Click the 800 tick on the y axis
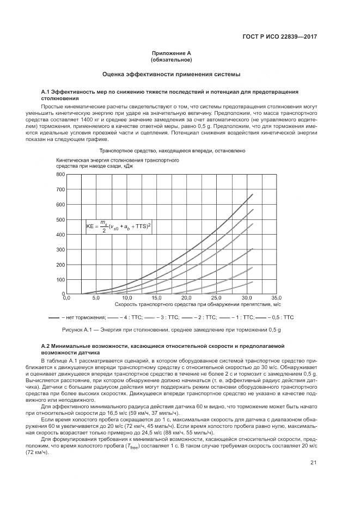pyautogui.click(x=60, y=175)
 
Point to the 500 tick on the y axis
pyautogui.click(x=60, y=219)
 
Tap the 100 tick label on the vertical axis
pyautogui.click(x=60, y=279)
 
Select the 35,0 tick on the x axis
pyautogui.click(x=277, y=298)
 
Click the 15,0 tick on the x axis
pyautogui.click(x=156, y=298)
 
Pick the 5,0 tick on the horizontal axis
pyautogui.click(x=96, y=298)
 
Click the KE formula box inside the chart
pyautogui.click(x=119, y=224)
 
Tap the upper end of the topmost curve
pyautogui.click(x=253, y=194)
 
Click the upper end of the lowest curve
pyautogui.click(x=253, y=281)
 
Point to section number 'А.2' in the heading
pyautogui.click(x=46, y=346)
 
